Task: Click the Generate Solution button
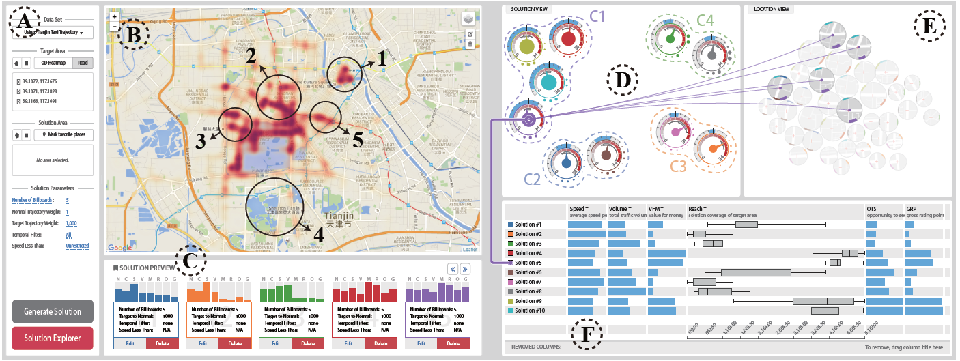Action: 53,311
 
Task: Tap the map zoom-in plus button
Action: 114,16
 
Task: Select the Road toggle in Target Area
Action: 83,63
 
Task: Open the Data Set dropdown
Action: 53,33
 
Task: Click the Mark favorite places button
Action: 62,134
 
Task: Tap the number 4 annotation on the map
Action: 317,235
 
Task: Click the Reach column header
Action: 698,207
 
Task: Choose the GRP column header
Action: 913,207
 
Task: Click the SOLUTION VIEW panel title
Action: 531,9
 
